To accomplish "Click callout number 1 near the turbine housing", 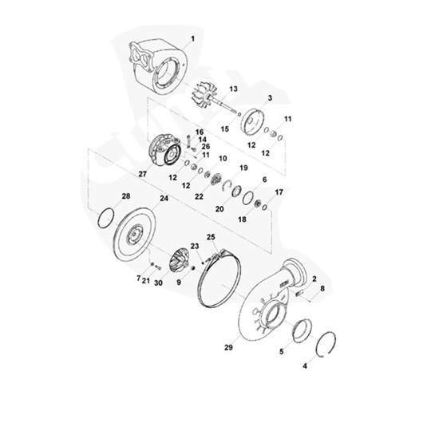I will coord(192,38).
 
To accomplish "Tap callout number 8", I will coord(322,287).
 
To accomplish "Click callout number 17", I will coord(279,192).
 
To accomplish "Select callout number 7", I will coord(137,279).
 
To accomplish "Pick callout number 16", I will coord(199,131).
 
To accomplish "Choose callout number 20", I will coord(217,209).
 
